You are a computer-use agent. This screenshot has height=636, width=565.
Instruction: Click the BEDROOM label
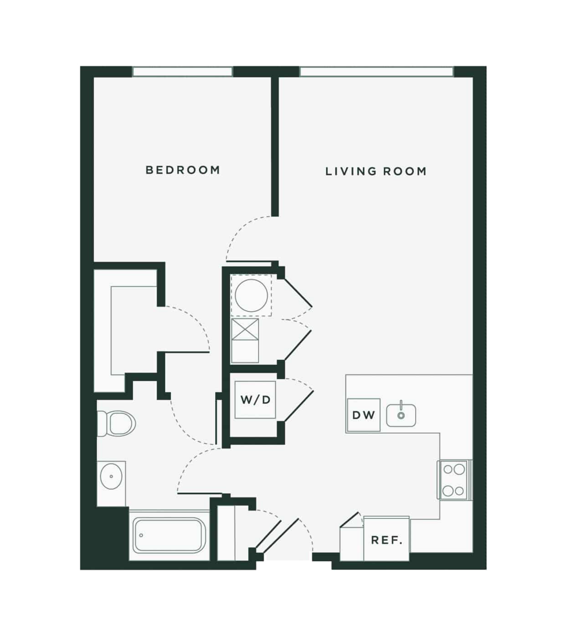point(183,170)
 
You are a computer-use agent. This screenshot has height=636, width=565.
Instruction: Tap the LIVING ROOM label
point(376,171)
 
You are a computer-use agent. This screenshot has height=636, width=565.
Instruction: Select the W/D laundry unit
point(255,399)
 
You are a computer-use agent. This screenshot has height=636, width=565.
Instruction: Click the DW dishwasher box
point(363,415)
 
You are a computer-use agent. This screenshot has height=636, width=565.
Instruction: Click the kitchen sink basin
point(401,415)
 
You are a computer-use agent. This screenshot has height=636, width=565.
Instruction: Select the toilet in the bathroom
point(116,424)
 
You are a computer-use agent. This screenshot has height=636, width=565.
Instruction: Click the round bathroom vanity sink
point(111,476)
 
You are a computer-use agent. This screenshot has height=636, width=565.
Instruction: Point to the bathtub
point(169,536)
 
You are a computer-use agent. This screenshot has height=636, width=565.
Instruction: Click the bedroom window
point(182,71)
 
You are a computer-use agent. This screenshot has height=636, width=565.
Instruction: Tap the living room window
point(377,71)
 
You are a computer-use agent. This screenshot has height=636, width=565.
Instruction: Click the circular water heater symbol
point(251,296)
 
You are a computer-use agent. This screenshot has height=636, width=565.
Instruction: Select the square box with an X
point(245,329)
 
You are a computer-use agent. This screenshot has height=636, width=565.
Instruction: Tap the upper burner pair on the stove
point(454,470)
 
